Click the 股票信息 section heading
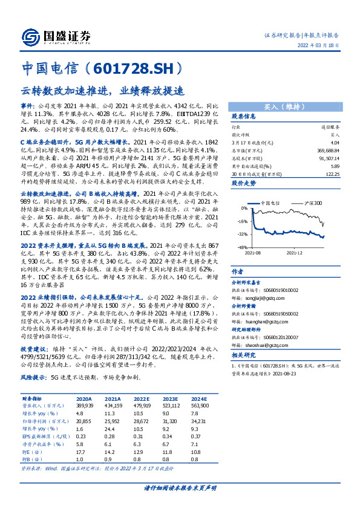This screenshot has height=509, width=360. pyautogui.click(x=243, y=115)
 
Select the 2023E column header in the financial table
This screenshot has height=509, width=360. pyautogui.click(x=170, y=399)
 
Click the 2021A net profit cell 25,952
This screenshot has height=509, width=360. pyautogui.click(x=113, y=419)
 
